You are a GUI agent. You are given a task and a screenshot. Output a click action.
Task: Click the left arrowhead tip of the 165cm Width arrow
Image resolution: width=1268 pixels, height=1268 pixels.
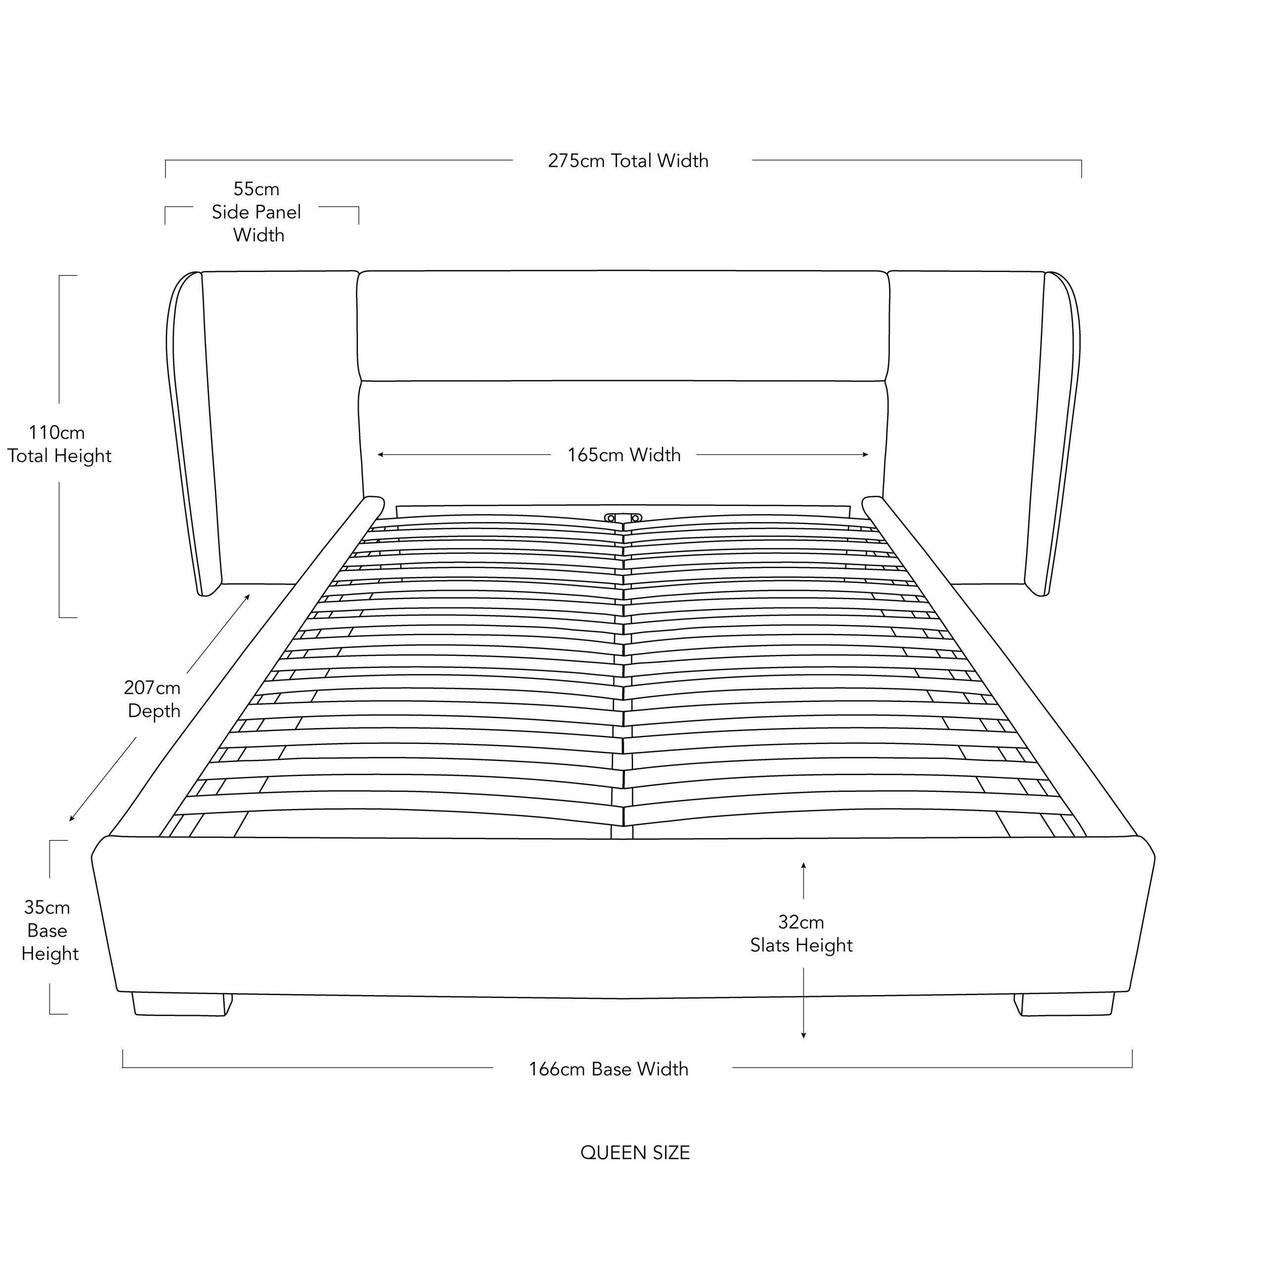377,454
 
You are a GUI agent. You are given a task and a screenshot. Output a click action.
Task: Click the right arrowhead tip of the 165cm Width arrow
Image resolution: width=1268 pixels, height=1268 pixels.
868,454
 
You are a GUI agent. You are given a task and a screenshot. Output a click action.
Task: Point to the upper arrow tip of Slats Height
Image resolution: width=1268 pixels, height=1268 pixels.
803,862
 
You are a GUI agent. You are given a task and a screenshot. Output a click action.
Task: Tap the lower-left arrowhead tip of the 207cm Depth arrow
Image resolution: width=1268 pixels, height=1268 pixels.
69,821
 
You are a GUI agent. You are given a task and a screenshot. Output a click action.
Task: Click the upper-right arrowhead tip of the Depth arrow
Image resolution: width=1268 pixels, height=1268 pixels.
250,594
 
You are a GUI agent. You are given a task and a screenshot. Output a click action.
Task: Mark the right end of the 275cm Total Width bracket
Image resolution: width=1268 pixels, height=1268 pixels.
1081,177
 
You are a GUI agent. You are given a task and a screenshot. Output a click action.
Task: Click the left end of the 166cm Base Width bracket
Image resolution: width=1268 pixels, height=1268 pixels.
123,1050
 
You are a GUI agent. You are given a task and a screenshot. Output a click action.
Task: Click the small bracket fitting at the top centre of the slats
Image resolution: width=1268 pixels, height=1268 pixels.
623,518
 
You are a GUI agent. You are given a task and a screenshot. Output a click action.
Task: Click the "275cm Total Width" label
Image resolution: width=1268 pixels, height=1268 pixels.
628,161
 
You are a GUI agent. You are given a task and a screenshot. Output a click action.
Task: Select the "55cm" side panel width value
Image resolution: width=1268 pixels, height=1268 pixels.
256,189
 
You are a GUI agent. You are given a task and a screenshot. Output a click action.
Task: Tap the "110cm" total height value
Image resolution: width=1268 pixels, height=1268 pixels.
56,432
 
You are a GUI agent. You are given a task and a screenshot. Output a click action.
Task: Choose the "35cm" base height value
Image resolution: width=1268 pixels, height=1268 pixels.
47,908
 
